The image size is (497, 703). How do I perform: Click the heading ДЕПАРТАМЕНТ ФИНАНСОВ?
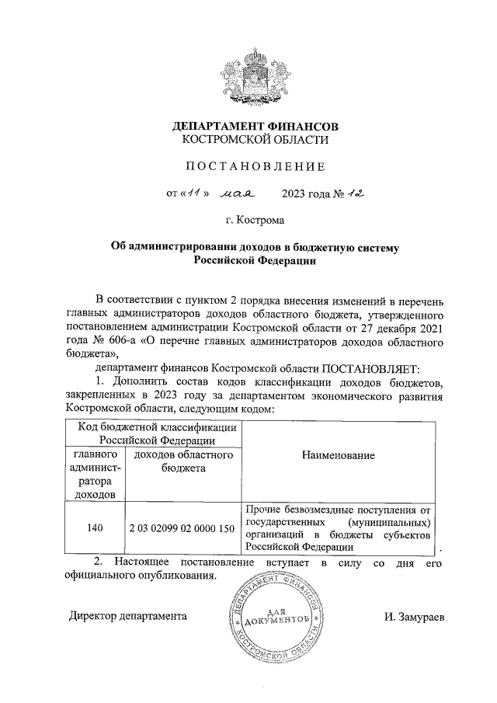pos(255,126)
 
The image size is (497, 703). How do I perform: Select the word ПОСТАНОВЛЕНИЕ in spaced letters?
pos(255,166)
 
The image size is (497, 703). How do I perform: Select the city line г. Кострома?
pos(255,221)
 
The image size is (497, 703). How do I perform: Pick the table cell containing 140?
pos(96,528)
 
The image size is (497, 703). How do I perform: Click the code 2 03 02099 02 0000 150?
pos(182,528)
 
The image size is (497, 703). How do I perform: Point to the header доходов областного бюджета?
pos(183,461)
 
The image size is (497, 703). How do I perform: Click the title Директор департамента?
pos(127,617)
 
